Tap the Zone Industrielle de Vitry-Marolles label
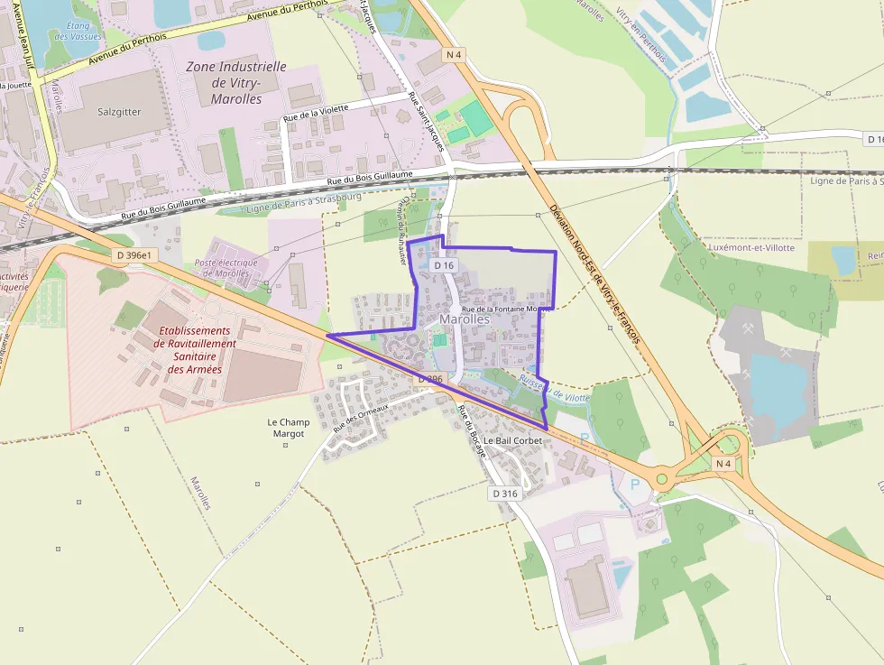point(235,82)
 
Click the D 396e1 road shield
point(136,255)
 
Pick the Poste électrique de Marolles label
point(226,268)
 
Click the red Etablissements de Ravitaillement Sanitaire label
point(195,349)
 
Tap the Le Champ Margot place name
point(289,428)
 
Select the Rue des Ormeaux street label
point(360,417)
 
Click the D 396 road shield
point(429,380)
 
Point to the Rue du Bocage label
point(472,432)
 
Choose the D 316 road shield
point(506,494)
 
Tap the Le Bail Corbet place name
point(512,440)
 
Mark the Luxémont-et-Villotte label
point(752,247)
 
